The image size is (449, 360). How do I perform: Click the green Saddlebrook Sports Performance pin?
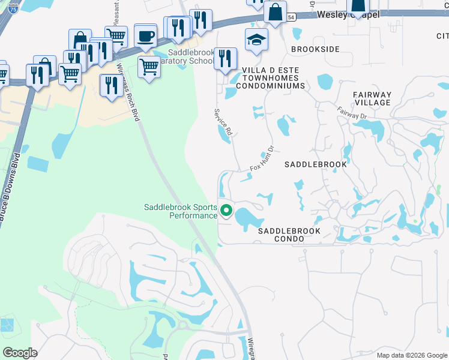click(x=226, y=211)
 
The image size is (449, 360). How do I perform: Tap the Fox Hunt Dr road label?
click(x=262, y=159)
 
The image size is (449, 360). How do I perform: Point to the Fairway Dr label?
click(x=352, y=112)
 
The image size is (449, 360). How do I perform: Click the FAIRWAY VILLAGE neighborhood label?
click(x=372, y=98)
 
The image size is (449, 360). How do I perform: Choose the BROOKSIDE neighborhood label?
click(x=315, y=49)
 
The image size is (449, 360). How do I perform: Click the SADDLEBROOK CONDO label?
click(x=289, y=235)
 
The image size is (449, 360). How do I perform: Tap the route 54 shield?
click(x=291, y=19)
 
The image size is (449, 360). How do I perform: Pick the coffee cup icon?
click(x=145, y=36)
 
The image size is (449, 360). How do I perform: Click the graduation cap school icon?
click(x=256, y=40)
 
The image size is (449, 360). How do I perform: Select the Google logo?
click(x=20, y=352)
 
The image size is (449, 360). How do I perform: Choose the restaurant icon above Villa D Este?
click(x=225, y=59)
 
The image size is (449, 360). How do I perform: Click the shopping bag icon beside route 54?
click(x=275, y=13)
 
